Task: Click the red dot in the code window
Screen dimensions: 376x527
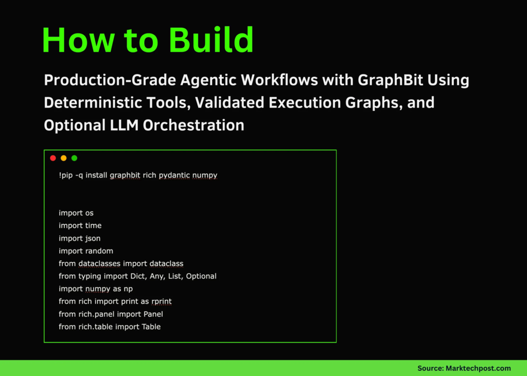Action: pos(52,158)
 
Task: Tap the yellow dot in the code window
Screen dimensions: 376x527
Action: pos(63,158)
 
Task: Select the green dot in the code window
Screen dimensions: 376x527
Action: pos(74,158)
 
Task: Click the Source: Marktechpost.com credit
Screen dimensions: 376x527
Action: pos(464,368)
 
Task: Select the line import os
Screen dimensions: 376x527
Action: pos(76,213)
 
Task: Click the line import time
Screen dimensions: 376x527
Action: pos(80,225)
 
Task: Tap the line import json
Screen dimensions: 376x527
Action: pos(79,238)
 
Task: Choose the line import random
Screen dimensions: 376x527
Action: pos(85,251)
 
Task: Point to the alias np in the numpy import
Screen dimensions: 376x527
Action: pos(128,289)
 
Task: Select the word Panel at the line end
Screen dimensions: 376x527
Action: pos(153,314)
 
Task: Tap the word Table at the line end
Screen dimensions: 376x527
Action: pos(151,327)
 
